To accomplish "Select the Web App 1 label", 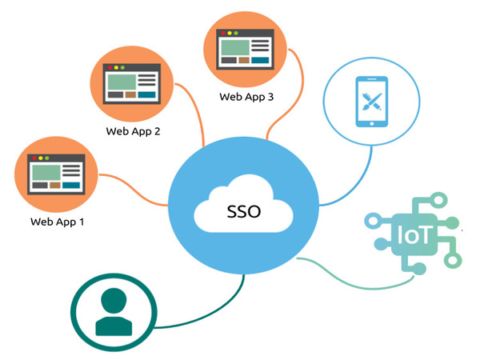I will [x=57, y=222].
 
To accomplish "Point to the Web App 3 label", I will [x=246, y=96].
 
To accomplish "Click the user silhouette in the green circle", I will [x=110, y=310].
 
